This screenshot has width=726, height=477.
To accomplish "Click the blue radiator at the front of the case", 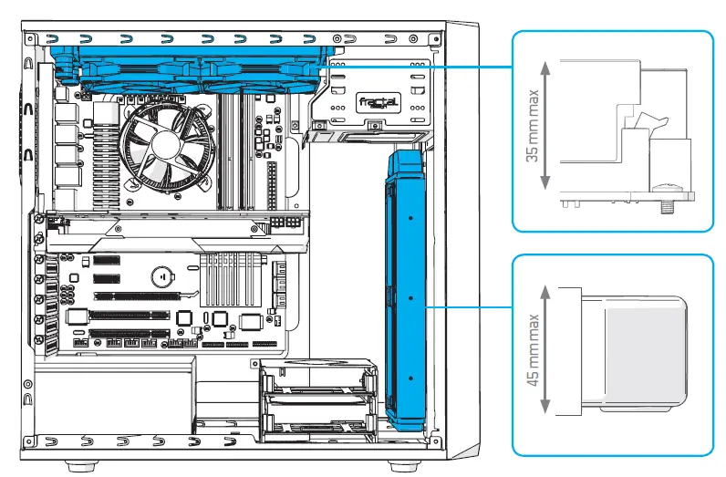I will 406,292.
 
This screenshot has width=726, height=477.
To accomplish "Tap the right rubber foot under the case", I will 399,464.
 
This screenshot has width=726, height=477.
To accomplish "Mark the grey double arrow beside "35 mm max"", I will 545,125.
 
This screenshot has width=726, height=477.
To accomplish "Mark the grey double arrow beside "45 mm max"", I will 545,350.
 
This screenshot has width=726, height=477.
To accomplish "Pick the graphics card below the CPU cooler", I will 173,233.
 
